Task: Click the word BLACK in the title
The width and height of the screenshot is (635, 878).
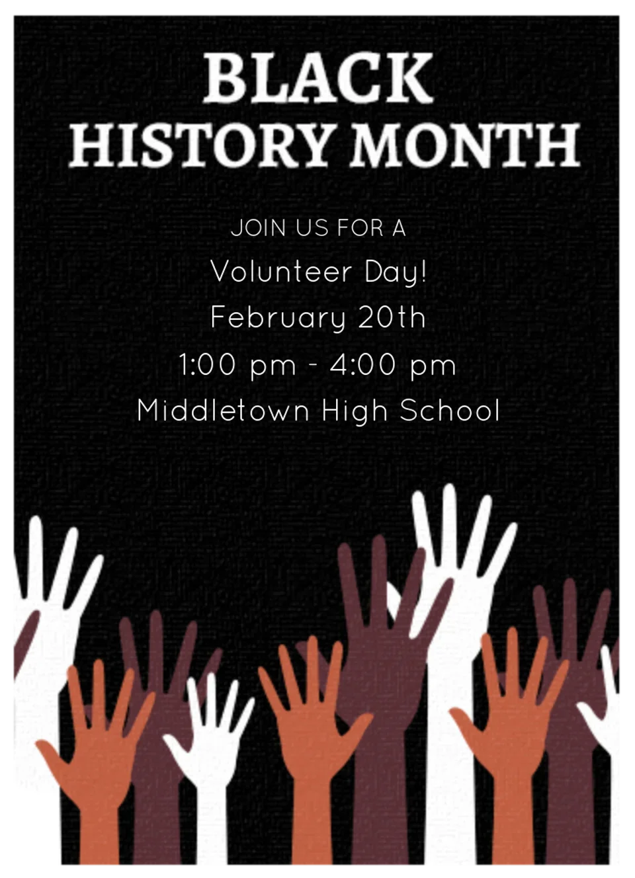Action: click(x=318, y=78)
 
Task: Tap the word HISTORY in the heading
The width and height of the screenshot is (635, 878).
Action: click(x=198, y=144)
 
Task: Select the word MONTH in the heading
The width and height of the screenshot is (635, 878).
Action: click(x=465, y=144)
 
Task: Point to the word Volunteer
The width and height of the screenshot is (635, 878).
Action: click(x=281, y=272)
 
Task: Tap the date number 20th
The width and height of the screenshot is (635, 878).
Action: click(x=392, y=317)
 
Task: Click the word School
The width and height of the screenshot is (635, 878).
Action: click(x=450, y=410)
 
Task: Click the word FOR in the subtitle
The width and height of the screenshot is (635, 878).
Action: click(x=360, y=229)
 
